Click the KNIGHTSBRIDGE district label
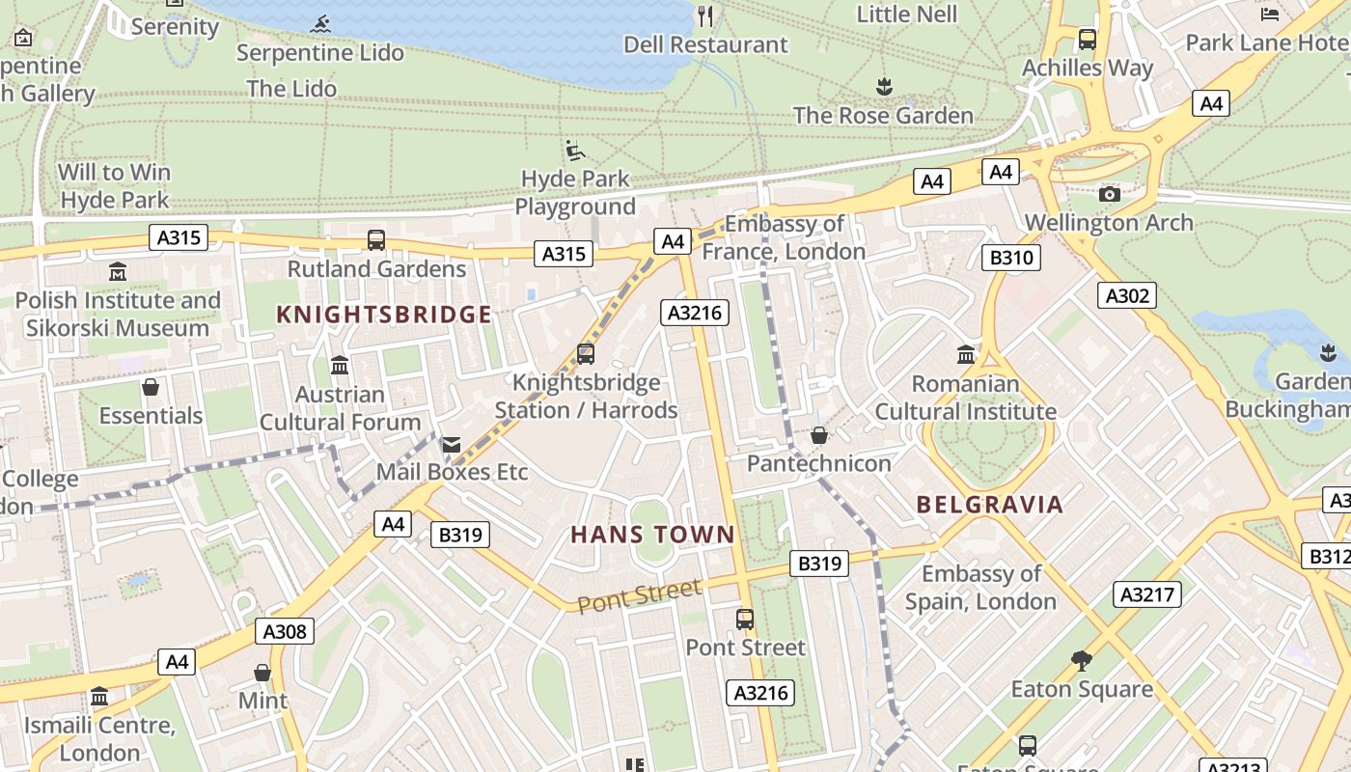click(384, 315)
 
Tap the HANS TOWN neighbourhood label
click(652, 535)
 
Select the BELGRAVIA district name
click(989, 505)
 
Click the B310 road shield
click(1011, 258)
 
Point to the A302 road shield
click(1126, 295)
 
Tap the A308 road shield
click(286, 632)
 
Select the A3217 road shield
click(1146, 594)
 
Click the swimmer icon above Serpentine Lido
click(321, 24)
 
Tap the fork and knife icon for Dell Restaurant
click(705, 15)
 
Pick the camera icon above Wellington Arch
click(1110, 194)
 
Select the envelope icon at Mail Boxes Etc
click(452, 444)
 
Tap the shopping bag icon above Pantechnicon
click(819, 435)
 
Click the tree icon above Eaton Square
click(1082, 661)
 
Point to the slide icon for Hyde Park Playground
click(575, 151)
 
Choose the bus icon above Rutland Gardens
click(376, 240)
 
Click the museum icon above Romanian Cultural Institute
click(966, 355)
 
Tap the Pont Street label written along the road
click(640, 595)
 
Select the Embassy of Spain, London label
click(980, 588)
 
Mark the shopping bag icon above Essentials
click(151, 388)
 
